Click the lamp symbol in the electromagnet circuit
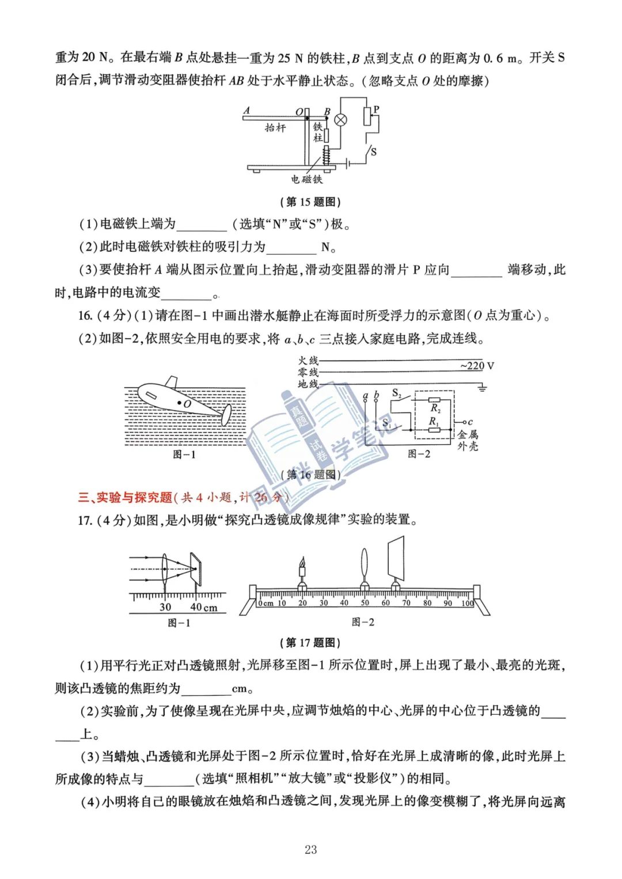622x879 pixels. pyautogui.click(x=341, y=120)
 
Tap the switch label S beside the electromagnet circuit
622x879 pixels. pyautogui.click(x=373, y=152)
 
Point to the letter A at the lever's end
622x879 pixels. pyautogui.click(x=246, y=110)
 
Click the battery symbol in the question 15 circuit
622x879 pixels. pyautogui.click(x=347, y=164)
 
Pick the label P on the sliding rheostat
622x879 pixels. pyautogui.click(x=376, y=109)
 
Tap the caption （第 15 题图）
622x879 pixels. pyautogui.click(x=310, y=202)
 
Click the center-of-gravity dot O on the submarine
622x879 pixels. pyautogui.click(x=181, y=403)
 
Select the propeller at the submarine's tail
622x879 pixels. pyautogui.click(x=227, y=414)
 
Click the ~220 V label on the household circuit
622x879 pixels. pyautogui.click(x=477, y=366)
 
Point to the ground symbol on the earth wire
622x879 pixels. pyautogui.click(x=481, y=389)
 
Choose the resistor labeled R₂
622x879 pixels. pyautogui.click(x=434, y=399)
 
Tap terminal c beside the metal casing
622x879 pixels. pyautogui.click(x=469, y=422)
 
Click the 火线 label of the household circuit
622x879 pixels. pyautogui.click(x=308, y=361)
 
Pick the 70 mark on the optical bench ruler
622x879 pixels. pyautogui.click(x=406, y=603)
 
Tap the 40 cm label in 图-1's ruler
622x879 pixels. pyautogui.click(x=203, y=607)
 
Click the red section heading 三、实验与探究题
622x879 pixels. pyautogui.click(x=125, y=497)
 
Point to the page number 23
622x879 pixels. pyautogui.click(x=311, y=849)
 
